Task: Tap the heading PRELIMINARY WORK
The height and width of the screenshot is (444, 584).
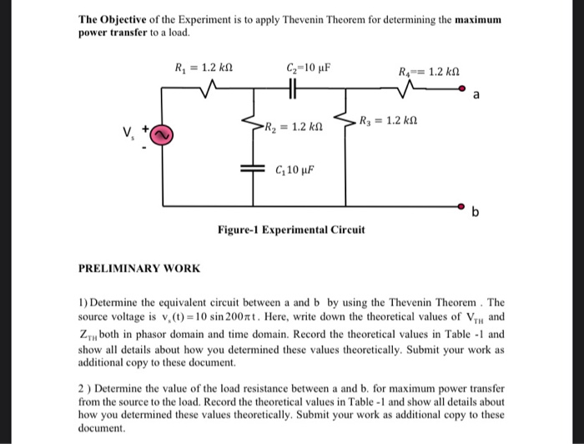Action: click(138, 268)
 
